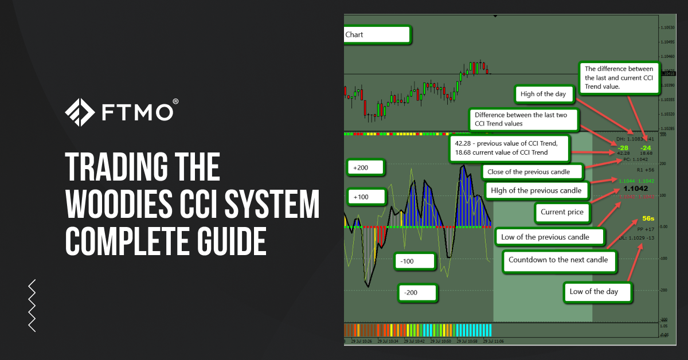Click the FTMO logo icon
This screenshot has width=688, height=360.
(x=80, y=112)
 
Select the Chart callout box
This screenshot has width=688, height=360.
(x=377, y=34)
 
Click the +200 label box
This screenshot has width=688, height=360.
(x=366, y=167)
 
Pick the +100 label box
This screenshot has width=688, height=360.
(x=366, y=197)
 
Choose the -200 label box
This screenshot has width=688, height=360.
(x=418, y=293)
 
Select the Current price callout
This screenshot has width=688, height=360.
(x=562, y=212)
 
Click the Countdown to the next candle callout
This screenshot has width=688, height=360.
(x=558, y=260)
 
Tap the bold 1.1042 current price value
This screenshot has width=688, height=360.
(x=635, y=188)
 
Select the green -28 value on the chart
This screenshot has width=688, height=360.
(x=624, y=147)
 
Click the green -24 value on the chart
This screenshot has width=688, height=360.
(x=646, y=147)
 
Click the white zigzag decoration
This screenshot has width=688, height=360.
(x=32, y=305)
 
